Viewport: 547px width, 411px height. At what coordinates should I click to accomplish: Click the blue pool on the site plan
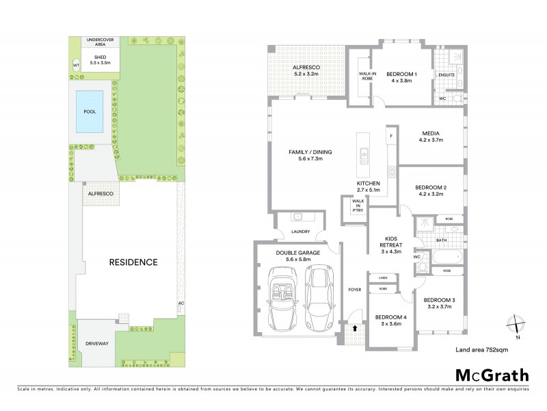[90, 112]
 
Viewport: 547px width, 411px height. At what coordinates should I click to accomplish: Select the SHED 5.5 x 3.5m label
[100, 59]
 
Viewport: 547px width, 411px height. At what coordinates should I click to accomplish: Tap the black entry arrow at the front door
[353, 329]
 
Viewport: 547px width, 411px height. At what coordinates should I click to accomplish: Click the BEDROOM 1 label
[402, 77]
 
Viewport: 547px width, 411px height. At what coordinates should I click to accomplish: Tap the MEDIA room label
[430, 136]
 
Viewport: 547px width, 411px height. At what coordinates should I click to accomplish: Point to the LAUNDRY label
[300, 232]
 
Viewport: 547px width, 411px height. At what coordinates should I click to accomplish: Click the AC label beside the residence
[181, 303]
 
